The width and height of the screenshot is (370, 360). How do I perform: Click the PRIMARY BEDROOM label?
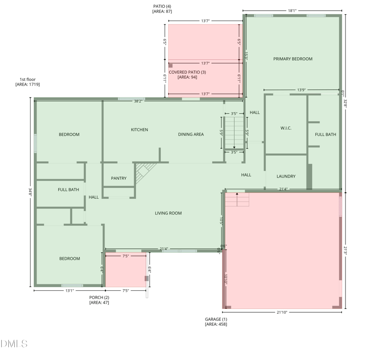(293, 59)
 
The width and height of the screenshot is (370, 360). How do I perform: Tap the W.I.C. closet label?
(286, 128)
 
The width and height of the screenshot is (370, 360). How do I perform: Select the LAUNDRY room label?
(286, 177)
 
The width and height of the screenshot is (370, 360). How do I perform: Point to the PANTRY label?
(119, 178)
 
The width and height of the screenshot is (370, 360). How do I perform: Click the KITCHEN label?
(139, 130)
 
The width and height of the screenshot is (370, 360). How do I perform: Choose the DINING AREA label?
(191, 134)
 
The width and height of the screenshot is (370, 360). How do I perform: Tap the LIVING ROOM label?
(168, 213)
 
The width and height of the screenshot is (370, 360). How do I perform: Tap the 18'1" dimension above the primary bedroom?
(292, 11)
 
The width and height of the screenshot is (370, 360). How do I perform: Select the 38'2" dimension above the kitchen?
(138, 101)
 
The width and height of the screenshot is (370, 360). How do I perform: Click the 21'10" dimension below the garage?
(282, 312)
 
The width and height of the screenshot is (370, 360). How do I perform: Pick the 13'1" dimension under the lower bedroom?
(69, 291)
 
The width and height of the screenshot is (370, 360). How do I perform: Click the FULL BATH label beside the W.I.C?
(326, 134)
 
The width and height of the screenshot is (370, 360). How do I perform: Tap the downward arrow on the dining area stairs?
(234, 145)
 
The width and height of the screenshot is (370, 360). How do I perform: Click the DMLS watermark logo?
(14, 344)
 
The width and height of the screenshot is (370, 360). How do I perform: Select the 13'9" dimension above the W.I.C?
(302, 90)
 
